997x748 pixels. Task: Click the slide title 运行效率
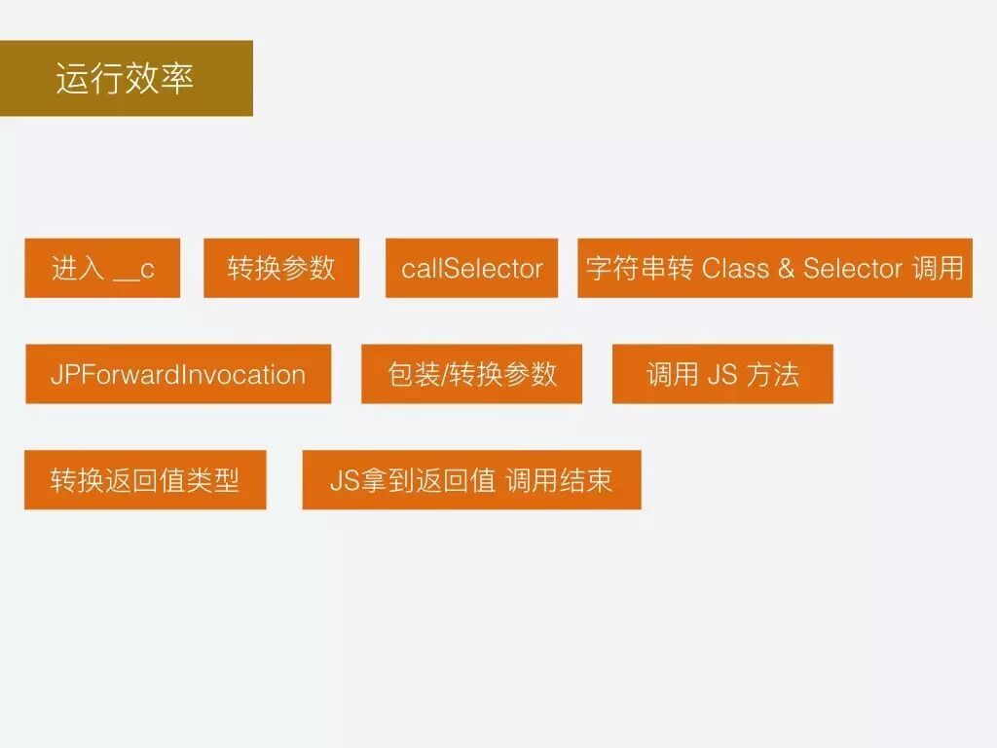click(126, 78)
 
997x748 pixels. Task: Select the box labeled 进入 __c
click(102, 268)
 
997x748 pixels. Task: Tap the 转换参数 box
click(280, 268)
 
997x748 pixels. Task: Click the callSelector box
click(471, 268)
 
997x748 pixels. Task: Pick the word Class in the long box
click(735, 268)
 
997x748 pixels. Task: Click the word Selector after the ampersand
click(853, 268)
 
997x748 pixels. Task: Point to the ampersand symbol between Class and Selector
click(786, 269)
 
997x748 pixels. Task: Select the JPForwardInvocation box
click(177, 374)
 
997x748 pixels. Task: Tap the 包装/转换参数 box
click(471, 374)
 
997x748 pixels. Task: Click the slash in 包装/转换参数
click(446, 375)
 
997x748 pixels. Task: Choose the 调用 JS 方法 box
click(722, 374)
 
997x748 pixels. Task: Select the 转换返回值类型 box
click(145, 480)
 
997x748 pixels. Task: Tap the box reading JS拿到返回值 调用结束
click(471, 480)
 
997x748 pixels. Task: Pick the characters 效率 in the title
click(161, 78)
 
